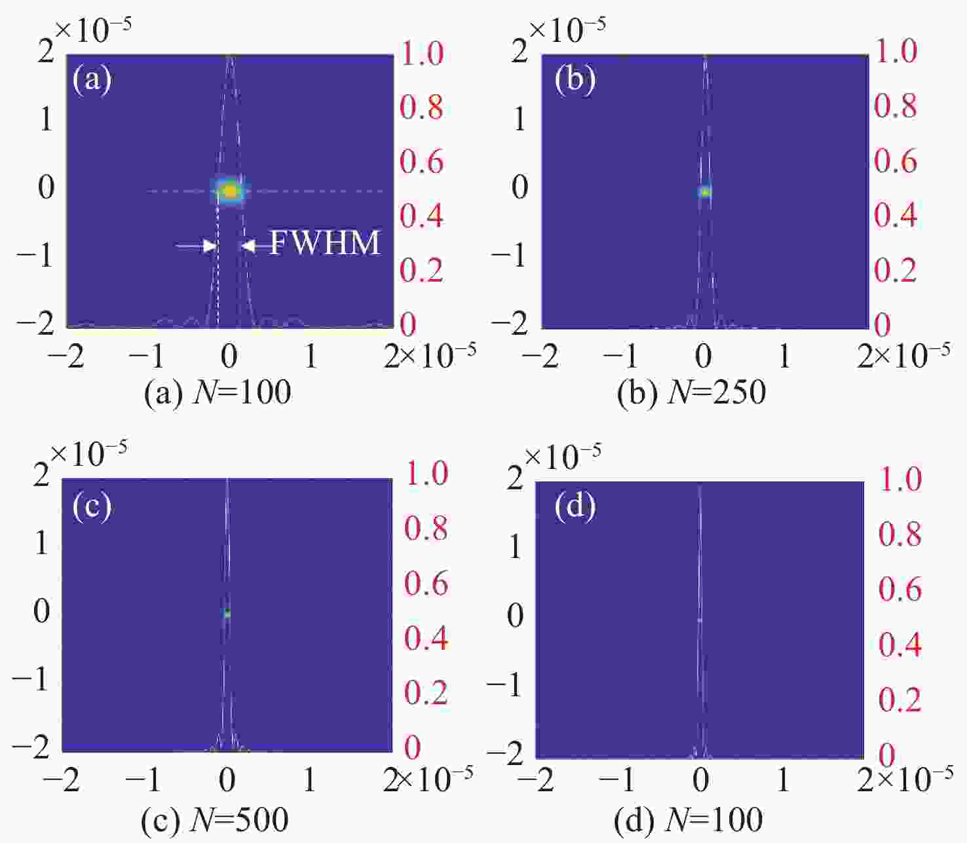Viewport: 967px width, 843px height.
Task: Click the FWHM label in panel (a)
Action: (x=325, y=244)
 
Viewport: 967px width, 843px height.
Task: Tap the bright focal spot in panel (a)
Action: (x=230, y=191)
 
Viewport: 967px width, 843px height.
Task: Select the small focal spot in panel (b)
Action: (x=705, y=192)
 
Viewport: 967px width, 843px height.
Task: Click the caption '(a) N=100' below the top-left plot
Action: (x=218, y=392)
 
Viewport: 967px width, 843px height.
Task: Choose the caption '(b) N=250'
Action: (x=692, y=392)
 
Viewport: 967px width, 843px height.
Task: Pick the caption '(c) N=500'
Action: (x=215, y=819)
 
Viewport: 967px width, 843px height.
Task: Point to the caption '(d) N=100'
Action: (x=689, y=819)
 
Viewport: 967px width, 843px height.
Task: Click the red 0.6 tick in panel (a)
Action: (x=422, y=161)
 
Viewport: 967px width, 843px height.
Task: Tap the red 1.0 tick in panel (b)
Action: (x=896, y=52)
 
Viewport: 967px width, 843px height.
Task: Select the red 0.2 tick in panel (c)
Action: (x=426, y=693)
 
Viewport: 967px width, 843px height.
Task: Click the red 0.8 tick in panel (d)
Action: (x=900, y=534)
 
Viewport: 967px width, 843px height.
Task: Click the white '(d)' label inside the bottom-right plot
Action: (x=575, y=506)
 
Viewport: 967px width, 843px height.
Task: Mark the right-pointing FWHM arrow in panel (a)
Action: (x=197, y=246)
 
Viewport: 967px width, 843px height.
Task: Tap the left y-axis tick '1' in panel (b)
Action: (x=520, y=120)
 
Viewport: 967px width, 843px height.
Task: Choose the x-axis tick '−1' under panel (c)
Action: (x=145, y=779)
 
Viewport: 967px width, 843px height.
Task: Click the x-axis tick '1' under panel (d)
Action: (x=783, y=779)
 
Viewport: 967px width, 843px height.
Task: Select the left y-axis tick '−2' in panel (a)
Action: (x=36, y=324)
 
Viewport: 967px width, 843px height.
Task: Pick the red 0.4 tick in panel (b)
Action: (x=896, y=215)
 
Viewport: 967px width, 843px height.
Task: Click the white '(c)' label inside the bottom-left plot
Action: (x=92, y=506)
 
